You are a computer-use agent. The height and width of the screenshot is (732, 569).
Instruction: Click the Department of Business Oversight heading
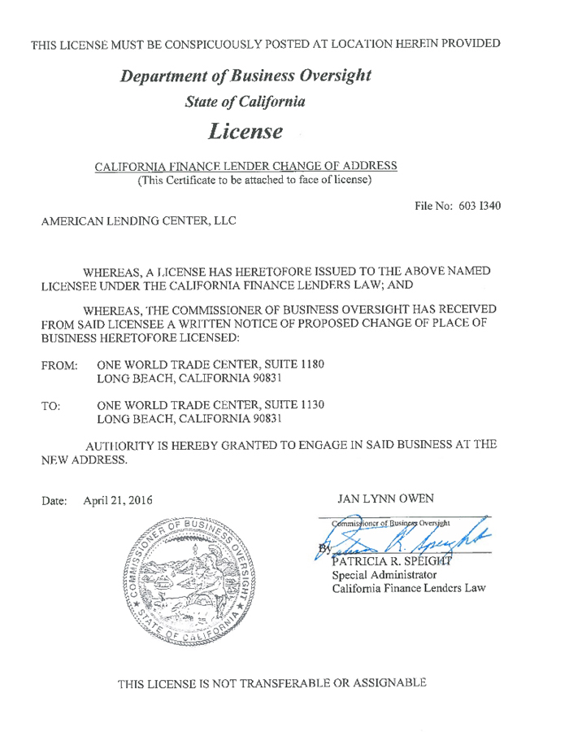tap(245, 76)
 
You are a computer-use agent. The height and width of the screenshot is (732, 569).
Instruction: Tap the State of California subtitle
tap(245, 102)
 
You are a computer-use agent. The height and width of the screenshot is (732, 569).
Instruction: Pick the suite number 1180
tap(311, 364)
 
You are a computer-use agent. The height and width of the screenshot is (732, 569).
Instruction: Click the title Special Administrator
tap(385, 575)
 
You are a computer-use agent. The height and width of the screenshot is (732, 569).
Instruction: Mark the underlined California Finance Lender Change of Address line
tap(245, 166)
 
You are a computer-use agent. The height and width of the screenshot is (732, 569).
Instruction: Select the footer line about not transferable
tap(272, 682)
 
